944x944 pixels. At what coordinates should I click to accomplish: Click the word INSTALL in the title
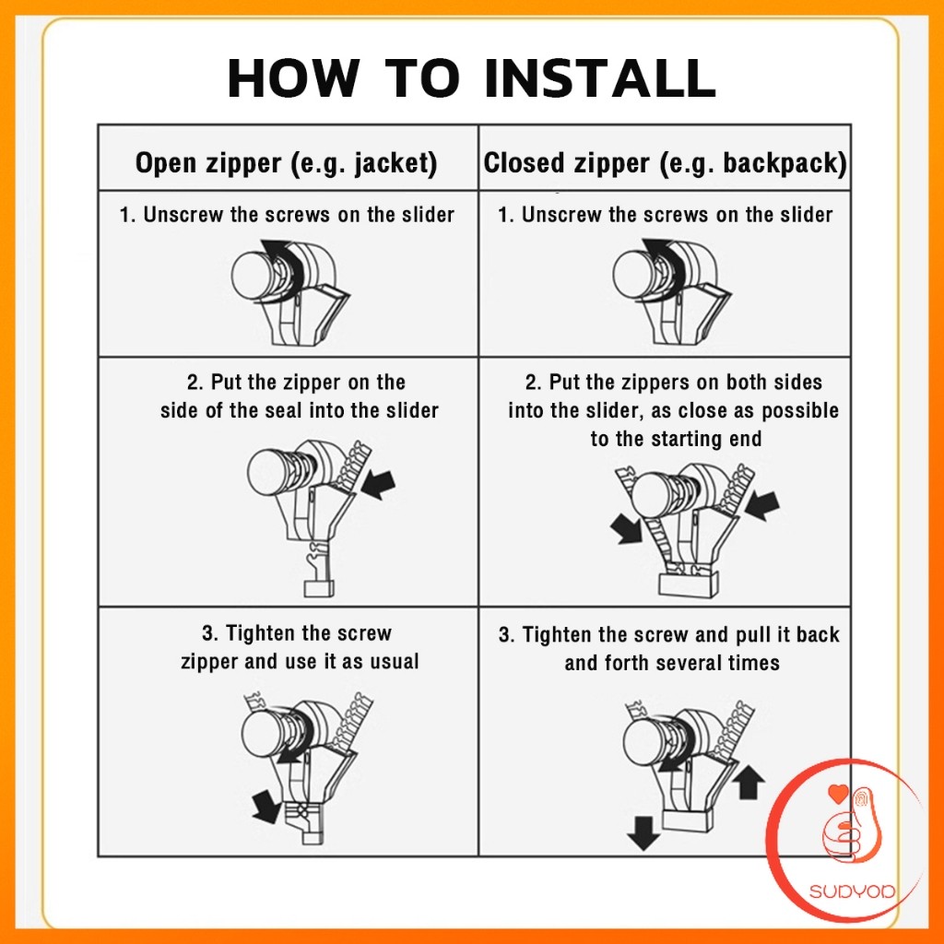[x=599, y=77]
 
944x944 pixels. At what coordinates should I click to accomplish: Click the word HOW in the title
[x=293, y=77]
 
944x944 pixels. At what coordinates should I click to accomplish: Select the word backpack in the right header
[x=782, y=164]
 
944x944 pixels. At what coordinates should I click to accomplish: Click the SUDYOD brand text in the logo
[x=851, y=891]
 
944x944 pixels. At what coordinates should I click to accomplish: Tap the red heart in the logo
[x=838, y=794]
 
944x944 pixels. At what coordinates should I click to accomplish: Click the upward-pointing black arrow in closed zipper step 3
[x=749, y=781]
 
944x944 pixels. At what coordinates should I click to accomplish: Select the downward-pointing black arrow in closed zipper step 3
[x=643, y=832]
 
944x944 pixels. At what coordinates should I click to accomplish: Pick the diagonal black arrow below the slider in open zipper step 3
[x=266, y=806]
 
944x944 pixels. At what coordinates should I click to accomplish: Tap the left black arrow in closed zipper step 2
[x=626, y=529]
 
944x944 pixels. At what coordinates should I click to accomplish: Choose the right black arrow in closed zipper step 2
[x=762, y=504]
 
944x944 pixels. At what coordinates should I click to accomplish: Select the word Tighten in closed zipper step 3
[x=557, y=634]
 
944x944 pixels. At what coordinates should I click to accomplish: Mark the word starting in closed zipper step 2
[x=687, y=440]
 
